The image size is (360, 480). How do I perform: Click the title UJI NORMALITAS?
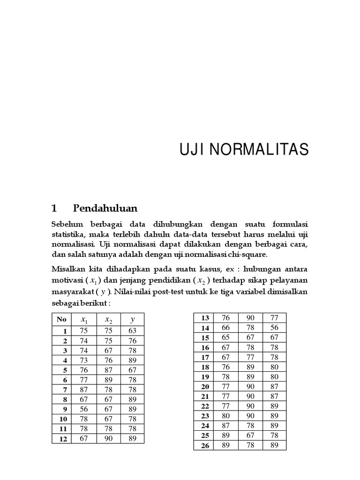pyautogui.click(x=244, y=150)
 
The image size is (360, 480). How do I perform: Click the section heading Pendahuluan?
pyautogui.click(x=105, y=208)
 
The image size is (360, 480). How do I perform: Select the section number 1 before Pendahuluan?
pyautogui.click(x=54, y=208)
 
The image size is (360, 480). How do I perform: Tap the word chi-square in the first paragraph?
pyautogui.click(x=251, y=255)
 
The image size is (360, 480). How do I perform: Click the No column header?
pyautogui.click(x=61, y=320)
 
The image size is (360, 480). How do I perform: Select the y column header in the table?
pyautogui.click(x=133, y=320)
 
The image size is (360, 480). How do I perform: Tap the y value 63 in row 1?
pyautogui.click(x=133, y=330)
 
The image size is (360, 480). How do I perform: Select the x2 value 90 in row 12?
pyautogui.click(x=109, y=438)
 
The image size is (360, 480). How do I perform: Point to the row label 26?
pyautogui.click(x=205, y=446)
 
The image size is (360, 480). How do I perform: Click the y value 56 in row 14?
pyautogui.click(x=274, y=328)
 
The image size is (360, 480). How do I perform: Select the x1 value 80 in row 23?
pyautogui.click(x=226, y=416)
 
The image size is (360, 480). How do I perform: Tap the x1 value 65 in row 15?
pyautogui.click(x=226, y=337)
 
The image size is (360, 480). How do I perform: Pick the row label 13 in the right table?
pyautogui.click(x=205, y=318)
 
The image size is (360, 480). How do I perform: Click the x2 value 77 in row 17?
pyautogui.click(x=250, y=357)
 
